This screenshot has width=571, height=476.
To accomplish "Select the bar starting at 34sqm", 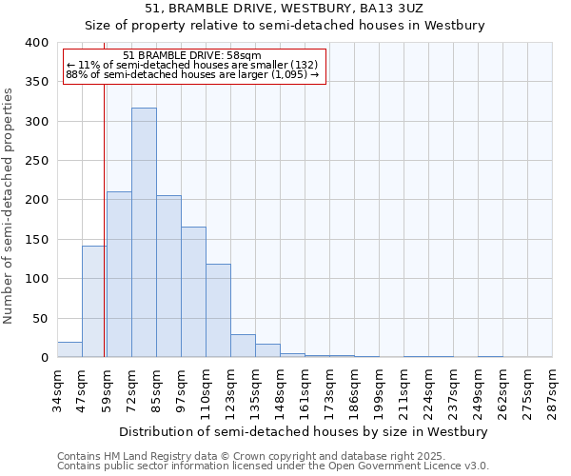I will (x=69, y=349).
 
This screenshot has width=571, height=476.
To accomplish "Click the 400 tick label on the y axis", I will (x=36, y=43).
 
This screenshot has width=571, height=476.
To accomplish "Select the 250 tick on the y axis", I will (x=36, y=161).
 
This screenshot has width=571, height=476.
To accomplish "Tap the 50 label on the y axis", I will (x=40, y=318).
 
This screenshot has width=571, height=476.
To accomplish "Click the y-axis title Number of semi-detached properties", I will (x=10, y=206).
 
